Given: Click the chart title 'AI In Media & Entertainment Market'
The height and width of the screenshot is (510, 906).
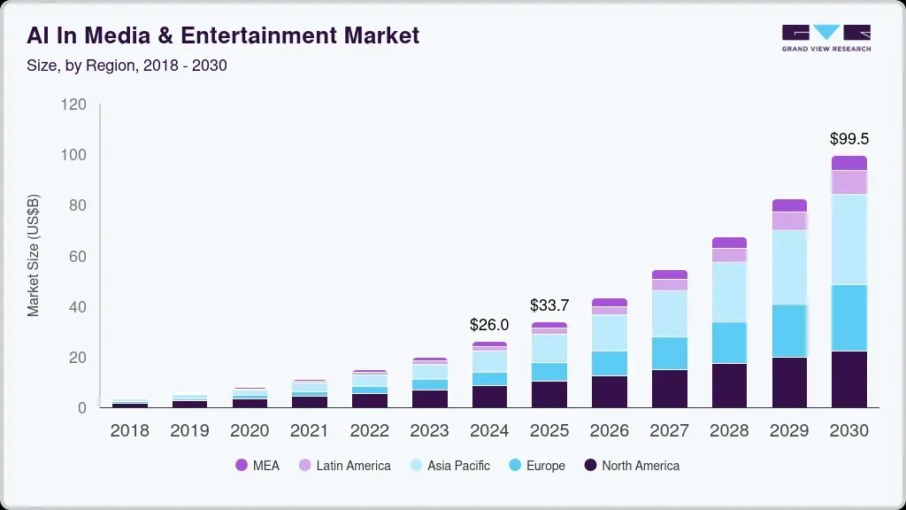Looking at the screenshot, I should click(x=223, y=35).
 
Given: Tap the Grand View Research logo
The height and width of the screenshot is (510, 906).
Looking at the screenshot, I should click(x=825, y=38).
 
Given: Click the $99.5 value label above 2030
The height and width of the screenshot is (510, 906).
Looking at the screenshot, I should click(x=848, y=139).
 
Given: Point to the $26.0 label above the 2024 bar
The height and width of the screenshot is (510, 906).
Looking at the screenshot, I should click(x=489, y=325).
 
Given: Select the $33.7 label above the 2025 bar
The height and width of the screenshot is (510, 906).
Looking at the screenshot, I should click(x=549, y=305).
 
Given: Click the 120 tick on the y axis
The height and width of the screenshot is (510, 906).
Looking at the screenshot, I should click(x=74, y=104).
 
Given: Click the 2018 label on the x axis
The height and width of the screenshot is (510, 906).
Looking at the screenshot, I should click(x=129, y=431).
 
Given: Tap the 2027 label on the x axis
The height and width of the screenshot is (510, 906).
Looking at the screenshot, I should click(x=670, y=431).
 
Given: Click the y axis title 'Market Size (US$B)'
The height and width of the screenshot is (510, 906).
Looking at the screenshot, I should click(x=34, y=256).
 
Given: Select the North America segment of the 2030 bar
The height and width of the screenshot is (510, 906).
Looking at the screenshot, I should click(x=848, y=379).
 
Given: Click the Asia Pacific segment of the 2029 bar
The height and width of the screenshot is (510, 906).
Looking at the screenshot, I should click(x=789, y=267).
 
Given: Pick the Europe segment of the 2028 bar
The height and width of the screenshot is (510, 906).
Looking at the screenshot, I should click(x=729, y=343).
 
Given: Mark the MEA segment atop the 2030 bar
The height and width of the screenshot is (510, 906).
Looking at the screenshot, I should click(x=848, y=163).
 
